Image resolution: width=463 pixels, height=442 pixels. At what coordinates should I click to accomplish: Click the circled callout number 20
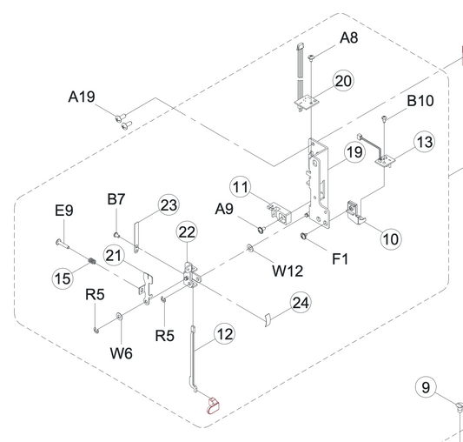pos(343,81)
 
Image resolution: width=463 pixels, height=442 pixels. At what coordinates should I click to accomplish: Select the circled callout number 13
pos(425,142)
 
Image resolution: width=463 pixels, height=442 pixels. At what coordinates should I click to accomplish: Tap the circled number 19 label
pos(354,152)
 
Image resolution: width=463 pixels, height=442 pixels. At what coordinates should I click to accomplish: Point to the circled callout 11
pos(241,187)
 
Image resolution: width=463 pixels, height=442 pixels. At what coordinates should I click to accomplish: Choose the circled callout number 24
pos(301,303)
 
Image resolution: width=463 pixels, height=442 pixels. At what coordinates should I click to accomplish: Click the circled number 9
pos(426,387)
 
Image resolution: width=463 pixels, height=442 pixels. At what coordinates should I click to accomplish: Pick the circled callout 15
pos(63,278)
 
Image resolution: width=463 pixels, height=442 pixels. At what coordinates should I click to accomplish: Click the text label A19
pos(82,97)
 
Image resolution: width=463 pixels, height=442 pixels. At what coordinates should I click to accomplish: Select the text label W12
pos(288,271)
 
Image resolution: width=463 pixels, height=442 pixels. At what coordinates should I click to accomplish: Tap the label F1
pos(341,259)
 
